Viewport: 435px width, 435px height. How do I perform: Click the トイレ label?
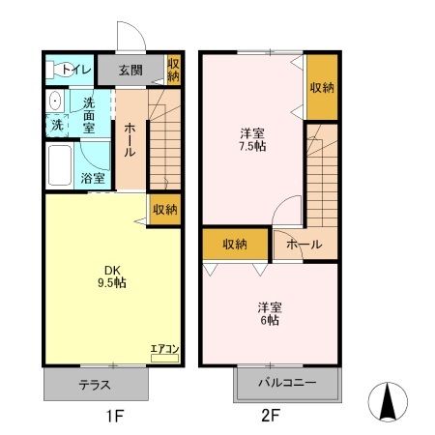point(76,69)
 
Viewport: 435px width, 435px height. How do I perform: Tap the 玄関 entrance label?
point(132,69)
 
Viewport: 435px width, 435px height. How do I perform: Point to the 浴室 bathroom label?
point(93,178)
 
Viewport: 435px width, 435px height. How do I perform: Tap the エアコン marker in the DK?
point(163,350)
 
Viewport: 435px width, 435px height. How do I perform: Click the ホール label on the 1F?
point(130,141)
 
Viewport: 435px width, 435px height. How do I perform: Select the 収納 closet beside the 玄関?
point(173,69)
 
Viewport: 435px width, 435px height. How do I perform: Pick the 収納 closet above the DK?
point(165,209)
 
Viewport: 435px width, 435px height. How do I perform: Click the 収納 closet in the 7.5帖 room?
point(322,87)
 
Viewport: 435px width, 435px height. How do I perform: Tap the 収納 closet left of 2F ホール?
point(233,246)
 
